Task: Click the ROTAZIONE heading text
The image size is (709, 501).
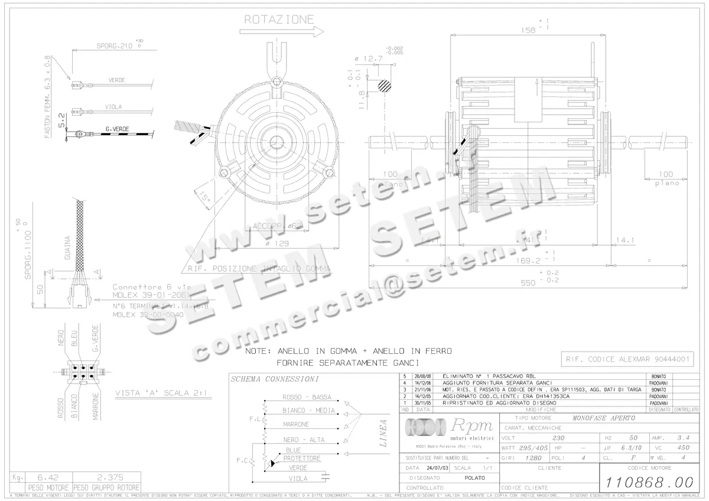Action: (279, 19)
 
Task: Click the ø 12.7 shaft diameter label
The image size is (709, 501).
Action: (369, 58)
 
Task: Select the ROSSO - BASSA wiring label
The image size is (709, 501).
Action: (307, 397)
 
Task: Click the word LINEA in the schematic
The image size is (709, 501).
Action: (383, 434)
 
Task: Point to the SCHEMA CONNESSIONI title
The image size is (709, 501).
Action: (275, 379)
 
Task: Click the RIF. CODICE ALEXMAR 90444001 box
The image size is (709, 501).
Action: (627, 359)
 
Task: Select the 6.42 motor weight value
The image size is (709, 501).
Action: (41, 477)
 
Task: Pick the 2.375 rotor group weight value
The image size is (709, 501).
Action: (106, 477)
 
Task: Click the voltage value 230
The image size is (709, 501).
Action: (558, 438)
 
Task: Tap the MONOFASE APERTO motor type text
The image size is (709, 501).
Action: (603, 418)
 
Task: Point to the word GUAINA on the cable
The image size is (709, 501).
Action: (67, 248)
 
